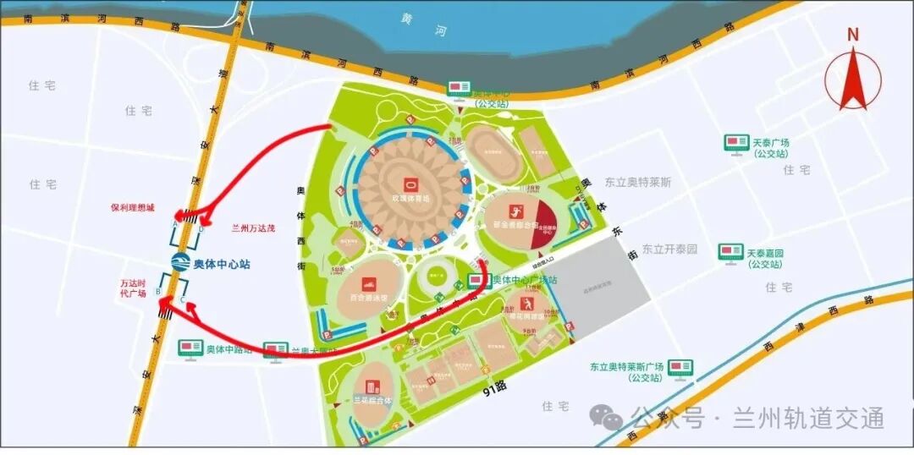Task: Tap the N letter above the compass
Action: [852, 35]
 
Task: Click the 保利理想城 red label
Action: [133, 206]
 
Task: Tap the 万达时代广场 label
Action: [133, 288]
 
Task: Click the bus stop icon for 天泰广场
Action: [735, 143]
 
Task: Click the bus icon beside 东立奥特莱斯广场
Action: [680, 367]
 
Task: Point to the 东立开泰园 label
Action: [669, 249]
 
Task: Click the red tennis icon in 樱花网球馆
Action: [528, 303]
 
